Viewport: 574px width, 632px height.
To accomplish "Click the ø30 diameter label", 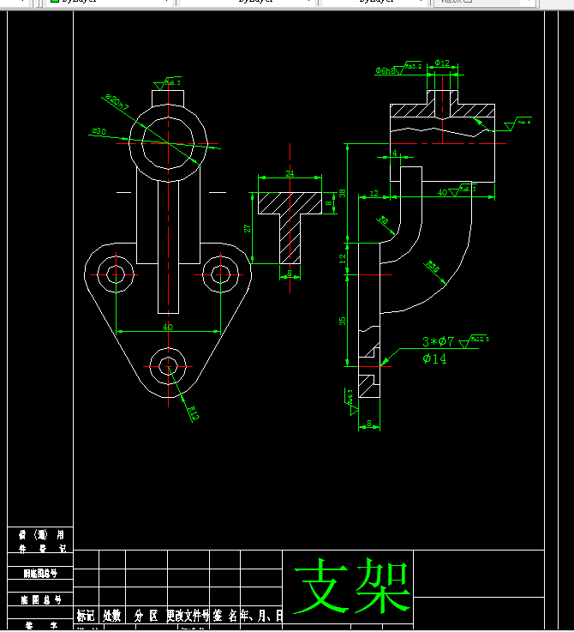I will [x=99, y=132].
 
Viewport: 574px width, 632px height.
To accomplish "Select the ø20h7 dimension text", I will [x=117, y=104].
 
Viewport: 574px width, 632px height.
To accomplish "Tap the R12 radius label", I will [x=193, y=413].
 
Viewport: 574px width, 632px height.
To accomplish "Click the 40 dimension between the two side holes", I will [x=168, y=327].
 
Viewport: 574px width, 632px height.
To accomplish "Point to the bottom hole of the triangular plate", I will [x=169, y=365].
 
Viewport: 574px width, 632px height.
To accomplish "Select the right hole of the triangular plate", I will [x=222, y=274].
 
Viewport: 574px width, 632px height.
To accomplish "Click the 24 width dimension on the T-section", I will [x=290, y=174].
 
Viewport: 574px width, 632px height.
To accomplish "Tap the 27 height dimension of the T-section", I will [x=248, y=229].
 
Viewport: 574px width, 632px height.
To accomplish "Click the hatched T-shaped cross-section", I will [x=290, y=214].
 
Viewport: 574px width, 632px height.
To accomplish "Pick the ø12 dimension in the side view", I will [x=442, y=63].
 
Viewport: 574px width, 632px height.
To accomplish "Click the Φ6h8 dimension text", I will [x=386, y=70].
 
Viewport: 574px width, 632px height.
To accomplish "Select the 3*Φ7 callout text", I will [x=439, y=342].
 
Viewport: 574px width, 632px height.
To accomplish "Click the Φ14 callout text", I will [x=434, y=359].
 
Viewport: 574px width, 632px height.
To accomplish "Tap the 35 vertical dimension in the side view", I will [x=342, y=321].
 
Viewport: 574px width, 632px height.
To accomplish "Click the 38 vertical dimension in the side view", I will [x=342, y=194].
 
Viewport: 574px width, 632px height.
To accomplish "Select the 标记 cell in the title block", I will [x=86, y=616].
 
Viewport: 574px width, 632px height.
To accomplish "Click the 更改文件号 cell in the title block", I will [x=188, y=616].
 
